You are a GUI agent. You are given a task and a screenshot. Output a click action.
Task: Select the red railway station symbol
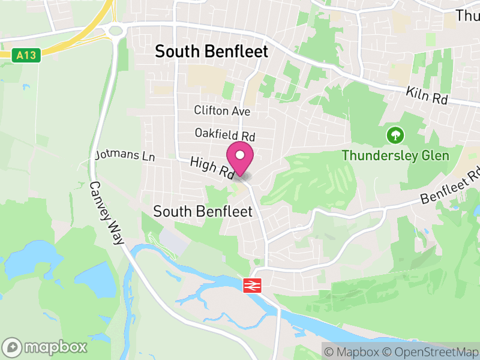pos(251,285)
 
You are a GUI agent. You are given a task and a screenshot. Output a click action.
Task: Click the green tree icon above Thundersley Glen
pos(395,135)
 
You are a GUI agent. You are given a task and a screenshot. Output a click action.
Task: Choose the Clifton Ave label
pos(222,111)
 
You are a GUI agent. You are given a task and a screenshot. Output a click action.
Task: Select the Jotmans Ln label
pos(125,157)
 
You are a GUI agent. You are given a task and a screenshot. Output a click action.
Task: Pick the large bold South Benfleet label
pos(212,52)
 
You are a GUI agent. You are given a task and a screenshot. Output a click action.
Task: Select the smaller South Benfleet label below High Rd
pos(198,211)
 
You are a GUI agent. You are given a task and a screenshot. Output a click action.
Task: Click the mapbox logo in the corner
pos(45,347)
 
